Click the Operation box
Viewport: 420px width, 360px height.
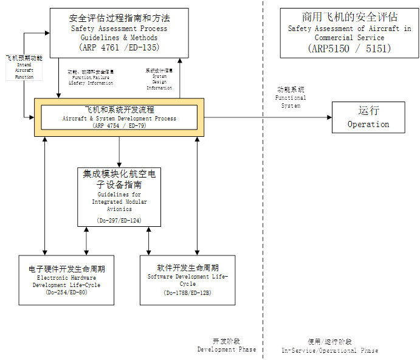pos(368,117)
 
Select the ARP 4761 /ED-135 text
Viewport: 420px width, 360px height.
pos(119,47)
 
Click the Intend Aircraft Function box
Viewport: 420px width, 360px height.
pos(24,67)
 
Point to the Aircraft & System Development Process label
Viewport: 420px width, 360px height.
pos(119,119)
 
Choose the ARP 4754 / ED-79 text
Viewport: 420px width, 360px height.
pos(119,126)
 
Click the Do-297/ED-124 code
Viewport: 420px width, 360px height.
pos(119,220)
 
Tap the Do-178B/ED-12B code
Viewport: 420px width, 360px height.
pos(188,292)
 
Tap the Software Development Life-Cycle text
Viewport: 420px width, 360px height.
pos(188,280)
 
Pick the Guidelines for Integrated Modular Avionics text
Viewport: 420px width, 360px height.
pos(119,201)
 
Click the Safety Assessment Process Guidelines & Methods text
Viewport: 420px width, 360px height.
pos(119,33)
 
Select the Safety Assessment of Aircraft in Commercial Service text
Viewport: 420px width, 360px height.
pos(349,33)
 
